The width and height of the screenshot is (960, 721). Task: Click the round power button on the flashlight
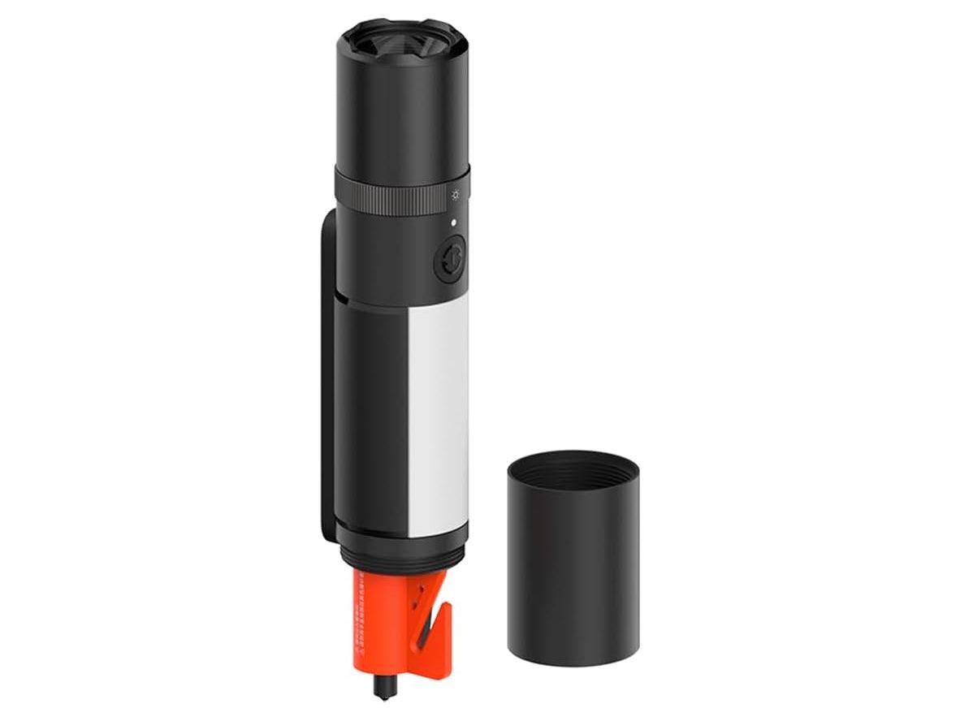449,259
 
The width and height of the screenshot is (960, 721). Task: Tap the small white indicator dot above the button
454,222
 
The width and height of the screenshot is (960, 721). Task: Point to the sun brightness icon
456,196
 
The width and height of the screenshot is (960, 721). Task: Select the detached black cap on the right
573,568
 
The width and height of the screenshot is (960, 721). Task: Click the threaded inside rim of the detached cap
573,471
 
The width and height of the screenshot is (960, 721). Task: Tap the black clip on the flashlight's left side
328,373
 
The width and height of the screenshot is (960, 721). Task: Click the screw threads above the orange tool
402,556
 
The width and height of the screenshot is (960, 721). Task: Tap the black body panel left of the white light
370,414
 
